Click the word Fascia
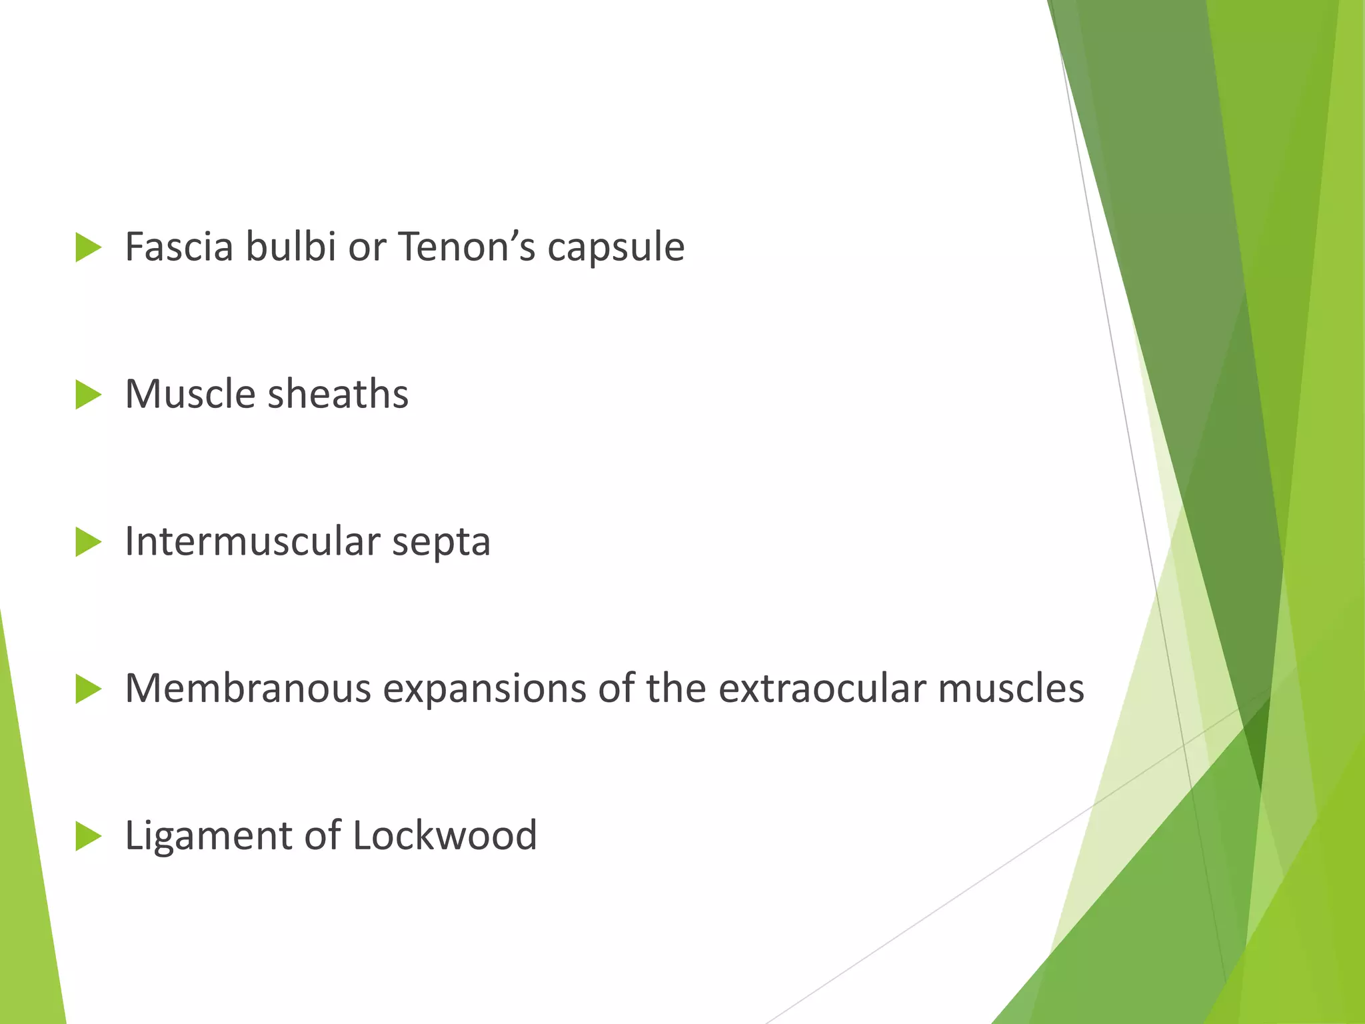click(179, 247)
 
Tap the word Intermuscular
click(252, 541)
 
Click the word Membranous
click(248, 689)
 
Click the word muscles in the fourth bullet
click(1011, 689)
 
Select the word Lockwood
click(445, 835)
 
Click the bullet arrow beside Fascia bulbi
click(88, 247)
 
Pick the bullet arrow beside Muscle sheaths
click(88, 395)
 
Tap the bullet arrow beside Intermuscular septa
click(88, 541)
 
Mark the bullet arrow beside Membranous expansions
click(88, 689)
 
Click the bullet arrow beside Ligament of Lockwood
click(88, 836)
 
